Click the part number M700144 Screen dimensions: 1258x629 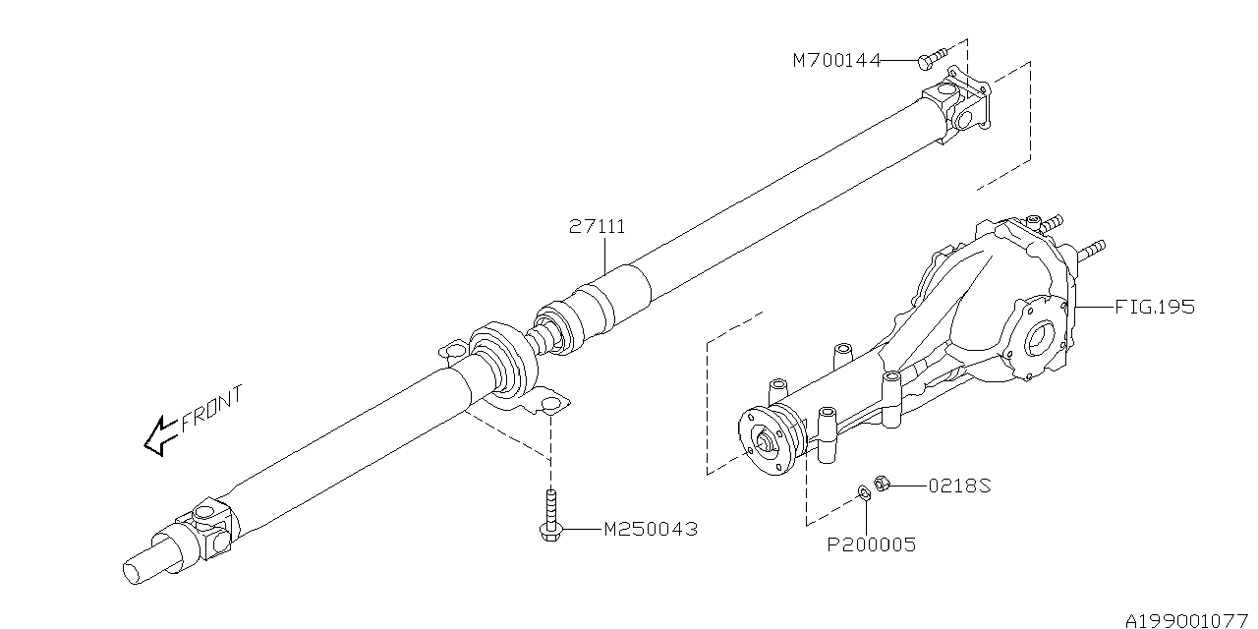[836, 61]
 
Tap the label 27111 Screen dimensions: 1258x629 [597, 227]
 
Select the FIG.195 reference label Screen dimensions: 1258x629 [1155, 307]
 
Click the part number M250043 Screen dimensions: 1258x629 [650, 529]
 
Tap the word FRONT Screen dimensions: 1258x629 [211, 412]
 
